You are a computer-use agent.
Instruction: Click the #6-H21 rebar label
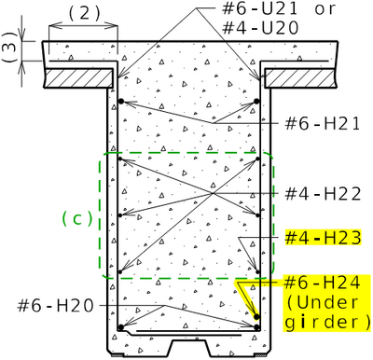coord(323,124)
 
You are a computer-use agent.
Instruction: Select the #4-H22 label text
coord(323,194)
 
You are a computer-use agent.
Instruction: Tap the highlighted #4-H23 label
coord(324,238)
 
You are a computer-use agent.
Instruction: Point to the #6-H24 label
coord(323,283)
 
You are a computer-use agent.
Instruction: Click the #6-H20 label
coord(55,306)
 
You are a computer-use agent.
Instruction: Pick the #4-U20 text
coord(260,28)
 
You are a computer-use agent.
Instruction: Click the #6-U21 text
coord(260,9)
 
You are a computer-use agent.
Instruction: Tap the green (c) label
coord(77,218)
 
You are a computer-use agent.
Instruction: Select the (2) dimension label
coord(84,14)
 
